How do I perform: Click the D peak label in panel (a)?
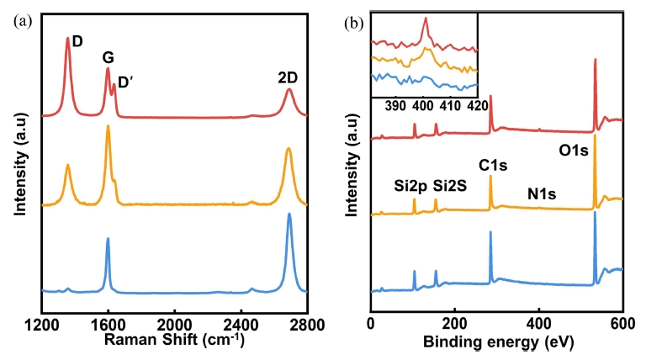click(77, 40)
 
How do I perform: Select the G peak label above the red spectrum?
click(108, 58)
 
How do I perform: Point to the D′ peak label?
click(125, 82)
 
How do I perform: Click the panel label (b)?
click(353, 22)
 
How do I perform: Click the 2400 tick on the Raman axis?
click(241, 323)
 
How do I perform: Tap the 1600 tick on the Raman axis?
click(108, 323)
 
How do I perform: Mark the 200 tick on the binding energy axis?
click(455, 323)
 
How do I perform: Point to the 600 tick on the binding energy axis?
click(622, 323)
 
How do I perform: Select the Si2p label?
click(410, 186)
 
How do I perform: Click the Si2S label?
click(450, 186)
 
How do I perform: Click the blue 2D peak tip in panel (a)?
click(289, 214)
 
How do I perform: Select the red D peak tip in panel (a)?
click(68, 39)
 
